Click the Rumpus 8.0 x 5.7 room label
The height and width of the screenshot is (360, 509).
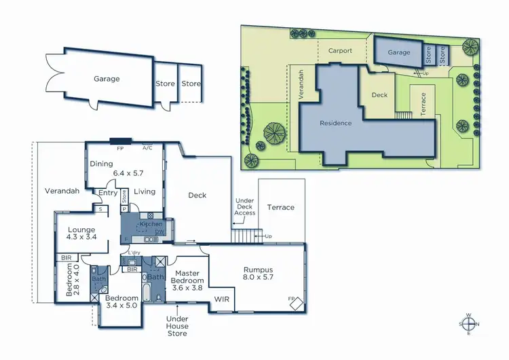pyautogui.click(x=257, y=274)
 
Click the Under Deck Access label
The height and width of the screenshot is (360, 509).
pyautogui.click(x=244, y=207)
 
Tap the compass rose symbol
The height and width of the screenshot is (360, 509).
pyautogui.click(x=469, y=323)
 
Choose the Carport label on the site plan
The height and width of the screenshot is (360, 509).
pyautogui.click(x=340, y=50)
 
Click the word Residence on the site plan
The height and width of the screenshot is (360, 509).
pyautogui.click(x=336, y=123)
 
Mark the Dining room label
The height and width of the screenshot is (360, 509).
pyautogui.click(x=102, y=164)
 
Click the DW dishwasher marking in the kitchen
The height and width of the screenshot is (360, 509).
pyautogui.click(x=159, y=232)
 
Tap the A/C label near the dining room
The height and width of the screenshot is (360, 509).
pyautogui.click(x=147, y=147)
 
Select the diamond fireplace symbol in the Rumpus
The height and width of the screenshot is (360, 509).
pyautogui.click(x=297, y=301)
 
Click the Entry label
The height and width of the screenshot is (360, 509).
pyautogui.click(x=107, y=193)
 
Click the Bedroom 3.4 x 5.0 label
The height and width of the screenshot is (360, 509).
pyautogui.click(x=121, y=302)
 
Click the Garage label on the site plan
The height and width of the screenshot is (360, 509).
pyautogui.click(x=398, y=52)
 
